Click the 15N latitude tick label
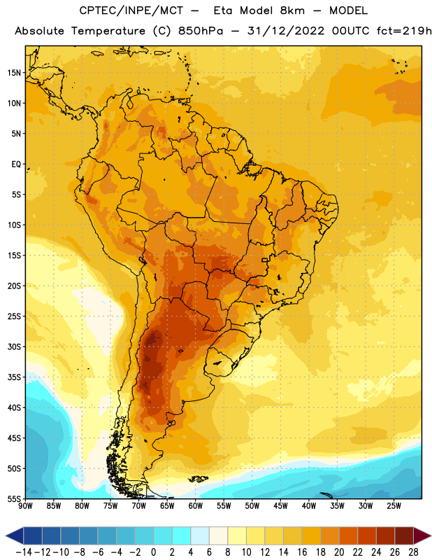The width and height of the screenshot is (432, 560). (15, 73)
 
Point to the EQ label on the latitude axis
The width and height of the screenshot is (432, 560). (16, 164)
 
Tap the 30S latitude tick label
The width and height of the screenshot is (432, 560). (15, 346)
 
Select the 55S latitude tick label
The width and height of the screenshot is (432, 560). (15, 499)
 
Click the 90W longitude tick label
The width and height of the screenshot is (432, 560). (25, 506)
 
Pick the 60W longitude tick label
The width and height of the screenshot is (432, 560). (196, 506)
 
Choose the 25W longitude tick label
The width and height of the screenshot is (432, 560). (394, 506)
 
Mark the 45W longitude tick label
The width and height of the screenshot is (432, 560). (280, 506)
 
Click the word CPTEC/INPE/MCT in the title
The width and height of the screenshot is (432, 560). (131, 10)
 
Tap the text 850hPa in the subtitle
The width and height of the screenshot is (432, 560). (201, 31)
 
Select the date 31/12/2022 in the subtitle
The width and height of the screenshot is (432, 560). (286, 31)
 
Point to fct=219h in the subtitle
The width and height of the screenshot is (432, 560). (404, 31)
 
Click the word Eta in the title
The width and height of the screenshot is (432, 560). (223, 10)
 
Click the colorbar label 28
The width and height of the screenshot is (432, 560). (413, 552)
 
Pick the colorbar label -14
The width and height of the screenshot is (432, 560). (24, 552)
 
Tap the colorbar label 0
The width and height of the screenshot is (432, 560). (154, 552)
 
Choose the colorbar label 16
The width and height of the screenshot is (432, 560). (302, 552)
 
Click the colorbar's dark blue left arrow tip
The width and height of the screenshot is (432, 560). (6, 535)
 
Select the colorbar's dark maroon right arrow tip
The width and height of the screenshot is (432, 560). (431, 535)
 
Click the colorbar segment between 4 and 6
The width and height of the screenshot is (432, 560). (200, 535)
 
